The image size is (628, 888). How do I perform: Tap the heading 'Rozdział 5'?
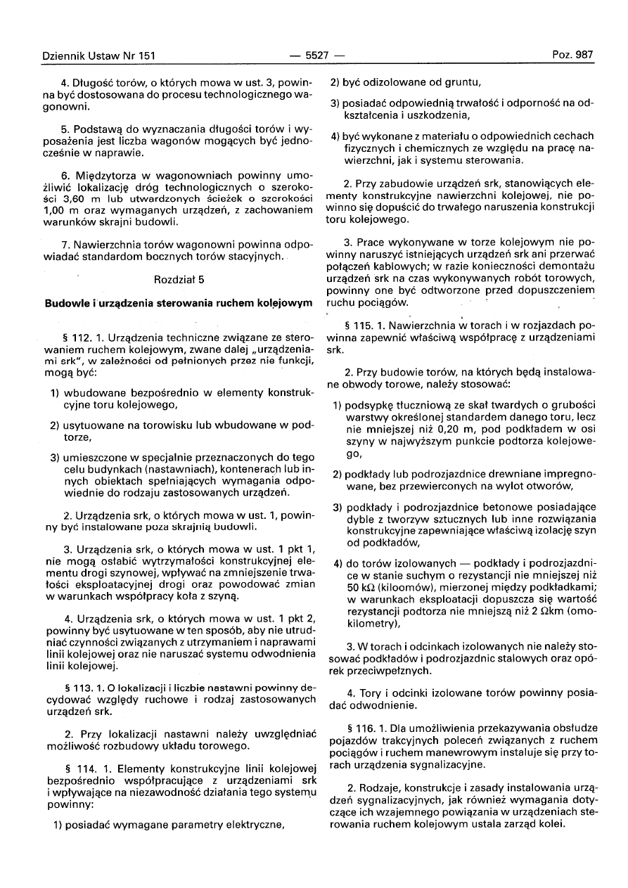click(179, 279)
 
